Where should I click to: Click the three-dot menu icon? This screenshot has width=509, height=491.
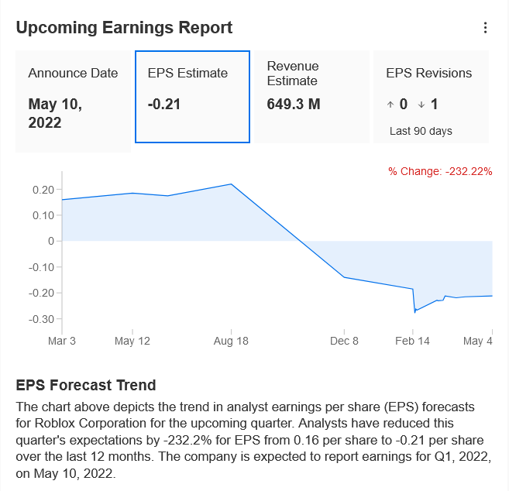486,28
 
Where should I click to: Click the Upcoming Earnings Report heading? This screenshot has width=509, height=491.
124,28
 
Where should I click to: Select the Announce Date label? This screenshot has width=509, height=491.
73,74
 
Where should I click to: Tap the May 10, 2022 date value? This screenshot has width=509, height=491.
55,113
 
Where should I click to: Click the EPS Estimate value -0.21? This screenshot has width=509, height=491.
163,105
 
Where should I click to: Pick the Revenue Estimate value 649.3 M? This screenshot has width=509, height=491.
294,105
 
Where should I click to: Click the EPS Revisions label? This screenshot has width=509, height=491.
428,74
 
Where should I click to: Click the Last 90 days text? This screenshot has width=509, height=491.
421,131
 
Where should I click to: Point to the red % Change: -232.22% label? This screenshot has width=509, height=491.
440,171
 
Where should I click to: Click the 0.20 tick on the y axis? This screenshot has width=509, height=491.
43,189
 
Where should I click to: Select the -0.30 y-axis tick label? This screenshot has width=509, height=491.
40,319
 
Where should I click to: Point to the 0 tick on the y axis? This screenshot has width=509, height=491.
50,241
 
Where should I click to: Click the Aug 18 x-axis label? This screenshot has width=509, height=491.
231,341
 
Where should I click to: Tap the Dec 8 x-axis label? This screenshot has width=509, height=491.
344,341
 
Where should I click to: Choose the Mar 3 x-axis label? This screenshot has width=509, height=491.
62,341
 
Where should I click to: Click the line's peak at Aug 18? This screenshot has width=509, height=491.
231,184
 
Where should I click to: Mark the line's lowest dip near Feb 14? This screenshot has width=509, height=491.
415,311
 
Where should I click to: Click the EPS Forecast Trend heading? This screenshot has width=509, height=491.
86,385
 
